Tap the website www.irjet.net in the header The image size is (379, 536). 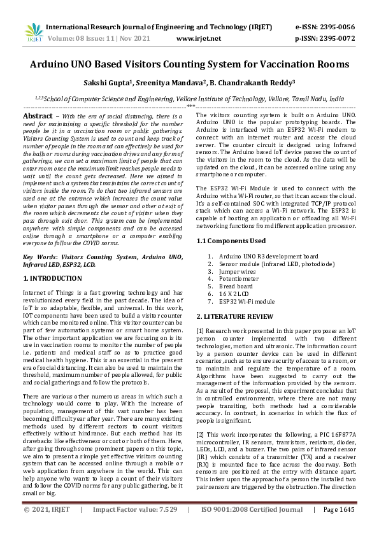click(198, 39)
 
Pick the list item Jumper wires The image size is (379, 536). click(238, 271)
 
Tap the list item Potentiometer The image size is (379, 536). click(239, 279)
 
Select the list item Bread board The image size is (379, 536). click(236, 286)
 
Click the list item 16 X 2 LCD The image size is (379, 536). click(235, 294)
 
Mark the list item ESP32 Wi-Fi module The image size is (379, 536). click(247, 302)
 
